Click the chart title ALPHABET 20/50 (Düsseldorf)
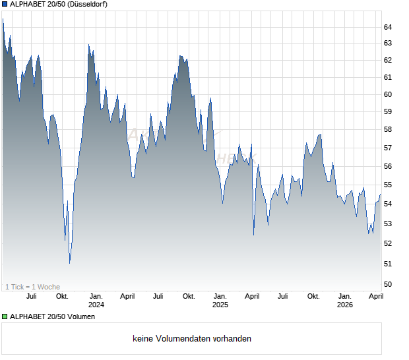click(x=59, y=5)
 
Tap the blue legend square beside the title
click(x=5, y=5)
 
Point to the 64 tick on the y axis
click(x=388, y=27)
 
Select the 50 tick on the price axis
click(x=388, y=284)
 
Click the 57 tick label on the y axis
click(x=388, y=148)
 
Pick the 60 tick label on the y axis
click(x=388, y=94)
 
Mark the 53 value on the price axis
click(x=388, y=224)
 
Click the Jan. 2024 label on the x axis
click(x=96, y=301)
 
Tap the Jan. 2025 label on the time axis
click(x=220, y=301)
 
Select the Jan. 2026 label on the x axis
click(x=344, y=301)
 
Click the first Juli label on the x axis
click(x=31, y=297)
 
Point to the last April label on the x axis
click(x=375, y=297)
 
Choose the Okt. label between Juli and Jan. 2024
click(x=62, y=297)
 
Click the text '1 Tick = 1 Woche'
click(x=32, y=287)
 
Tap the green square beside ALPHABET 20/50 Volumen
click(x=5, y=316)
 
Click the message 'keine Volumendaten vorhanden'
click(x=192, y=339)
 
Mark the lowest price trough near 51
click(x=69, y=263)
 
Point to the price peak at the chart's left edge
click(x=3, y=19)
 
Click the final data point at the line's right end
click(x=380, y=195)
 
